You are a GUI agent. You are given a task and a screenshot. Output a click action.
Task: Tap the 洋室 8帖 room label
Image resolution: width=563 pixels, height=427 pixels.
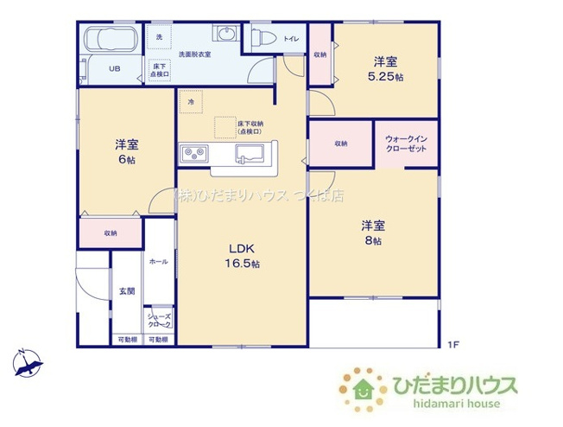(373, 233)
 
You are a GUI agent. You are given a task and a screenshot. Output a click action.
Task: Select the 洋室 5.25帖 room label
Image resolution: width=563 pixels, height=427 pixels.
(385, 67)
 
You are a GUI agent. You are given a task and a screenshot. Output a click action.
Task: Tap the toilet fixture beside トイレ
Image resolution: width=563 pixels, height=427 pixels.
(263, 37)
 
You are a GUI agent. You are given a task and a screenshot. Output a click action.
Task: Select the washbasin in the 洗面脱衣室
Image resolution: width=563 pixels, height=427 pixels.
(226, 35)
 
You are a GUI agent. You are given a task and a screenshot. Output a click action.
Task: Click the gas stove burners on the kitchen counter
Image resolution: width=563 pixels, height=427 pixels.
(193, 154)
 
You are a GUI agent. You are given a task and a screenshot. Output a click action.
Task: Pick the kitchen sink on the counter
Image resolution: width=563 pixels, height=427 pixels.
(251, 156)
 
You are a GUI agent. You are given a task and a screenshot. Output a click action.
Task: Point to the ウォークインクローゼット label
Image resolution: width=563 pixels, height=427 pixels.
(406, 143)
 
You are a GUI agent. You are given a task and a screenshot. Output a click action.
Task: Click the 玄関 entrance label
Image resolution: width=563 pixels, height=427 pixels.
(126, 291)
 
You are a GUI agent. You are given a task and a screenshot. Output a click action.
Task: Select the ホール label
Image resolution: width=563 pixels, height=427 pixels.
(159, 260)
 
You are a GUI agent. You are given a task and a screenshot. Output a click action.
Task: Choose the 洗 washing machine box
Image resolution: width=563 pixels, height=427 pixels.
(159, 37)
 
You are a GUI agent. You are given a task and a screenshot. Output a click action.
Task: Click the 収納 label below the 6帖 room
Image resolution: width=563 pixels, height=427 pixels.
(111, 233)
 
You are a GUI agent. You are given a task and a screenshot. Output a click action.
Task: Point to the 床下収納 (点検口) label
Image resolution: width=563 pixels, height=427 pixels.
(250, 127)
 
